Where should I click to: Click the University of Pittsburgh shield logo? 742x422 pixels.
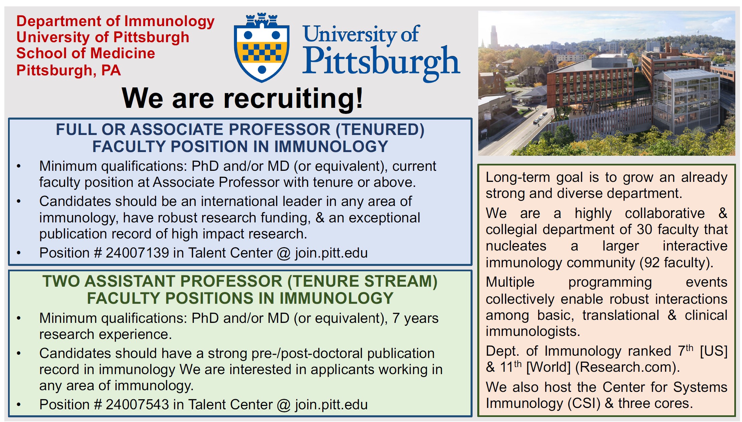coord(262,47)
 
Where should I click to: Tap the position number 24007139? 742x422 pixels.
coord(137,253)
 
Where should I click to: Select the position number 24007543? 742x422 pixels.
coord(137,405)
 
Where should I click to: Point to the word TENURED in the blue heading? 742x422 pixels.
coord(380,130)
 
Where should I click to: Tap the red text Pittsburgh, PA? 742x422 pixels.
coord(69,71)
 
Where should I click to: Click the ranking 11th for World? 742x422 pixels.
coord(511,367)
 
